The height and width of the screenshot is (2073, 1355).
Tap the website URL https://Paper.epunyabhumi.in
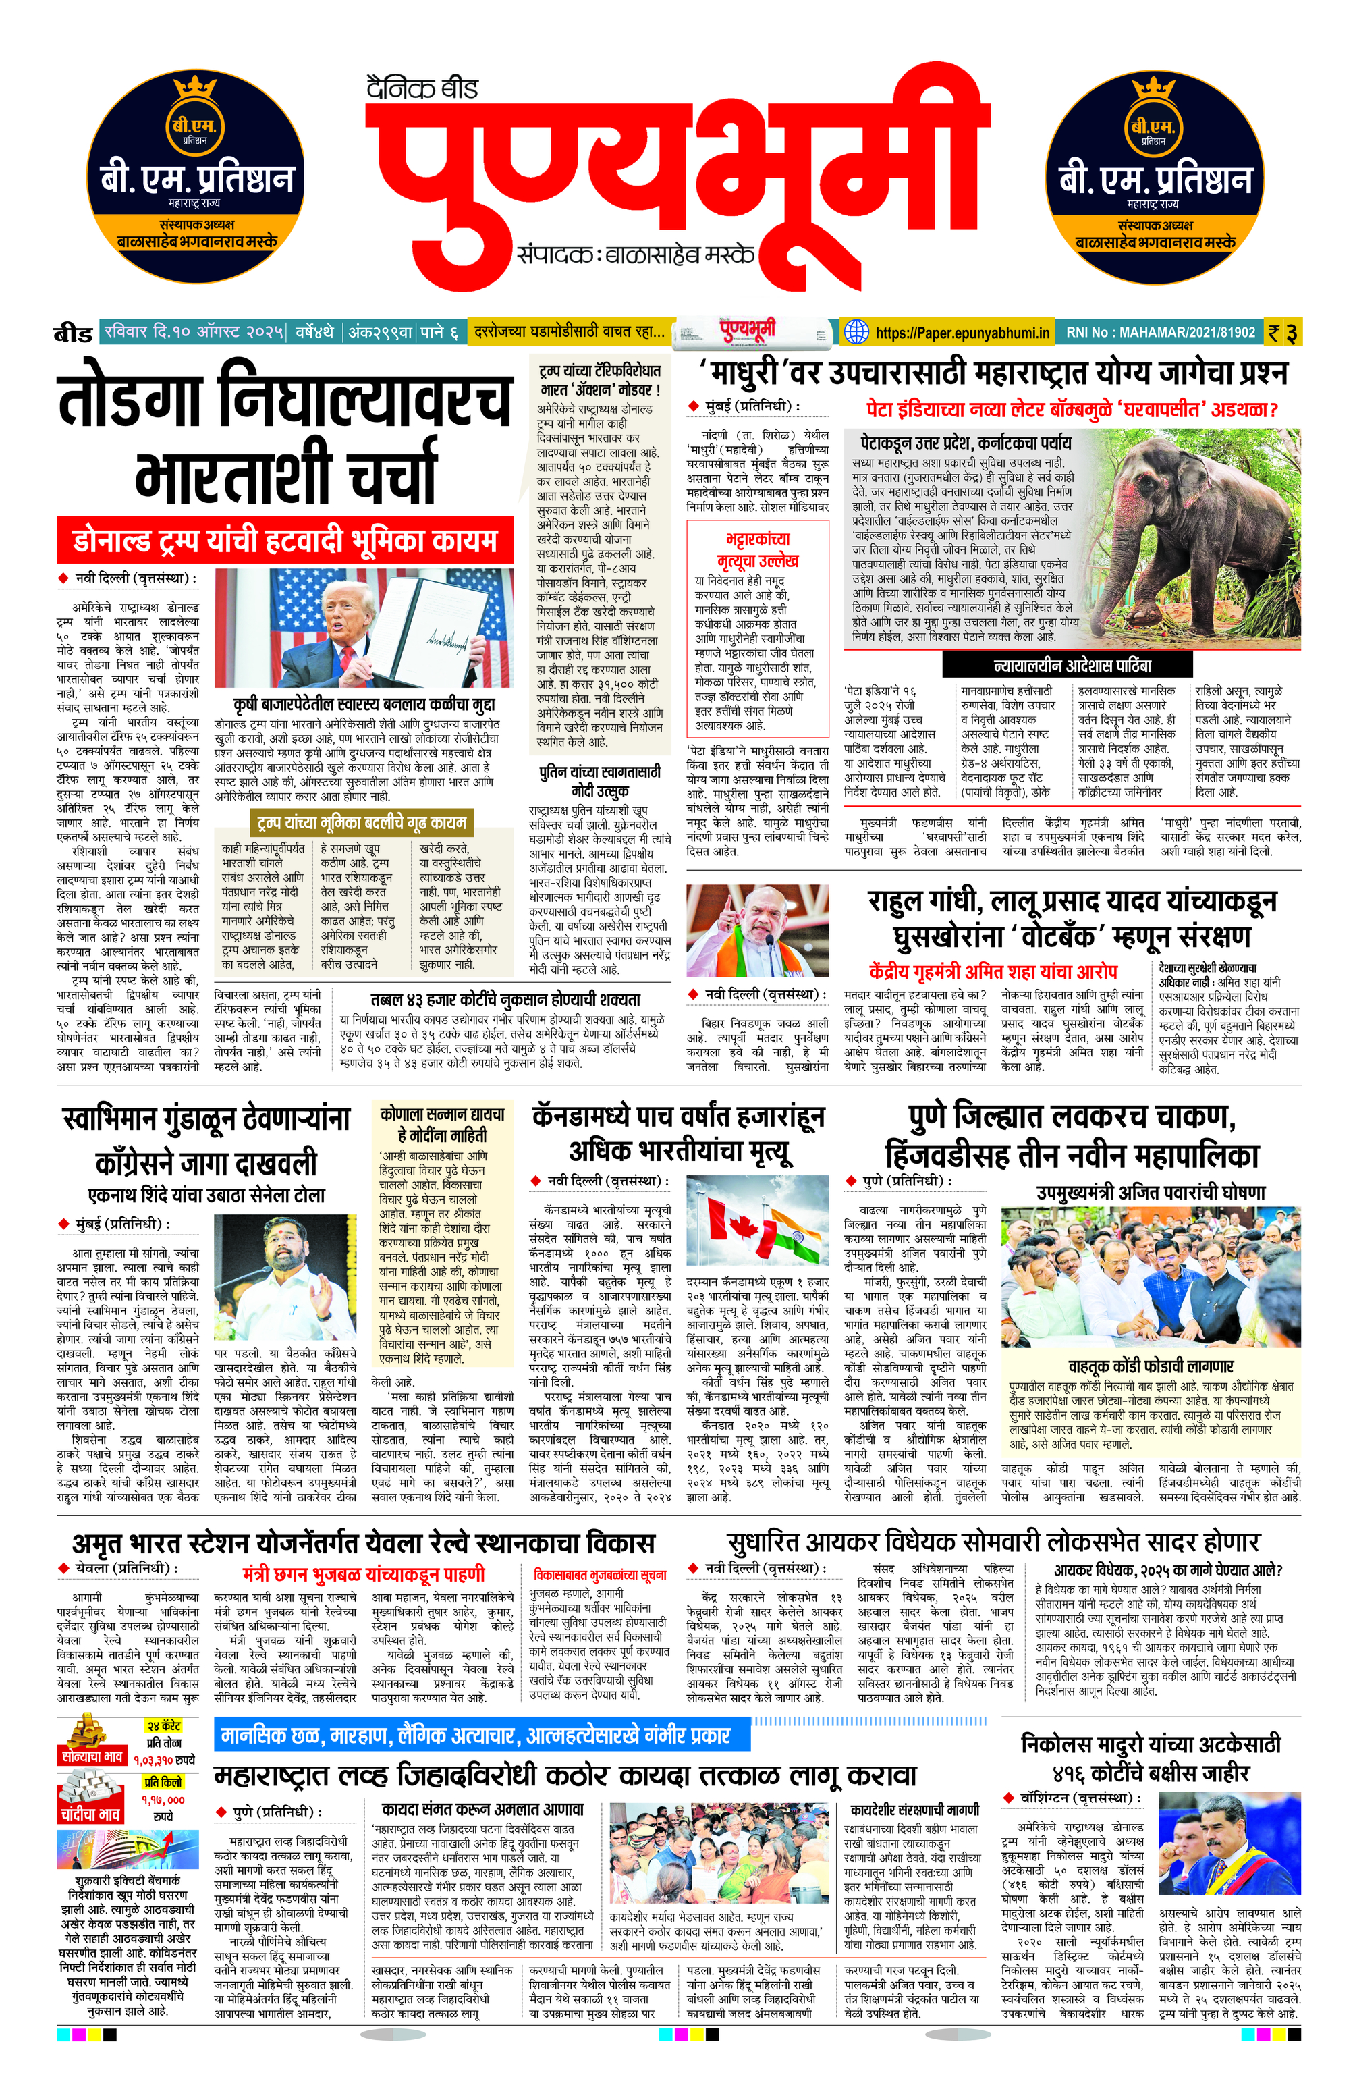click(962, 332)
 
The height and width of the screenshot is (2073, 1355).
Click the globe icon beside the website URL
click(857, 332)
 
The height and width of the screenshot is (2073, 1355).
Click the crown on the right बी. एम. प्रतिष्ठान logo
click(1154, 89)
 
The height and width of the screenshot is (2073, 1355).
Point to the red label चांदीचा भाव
click(90, 1814)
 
